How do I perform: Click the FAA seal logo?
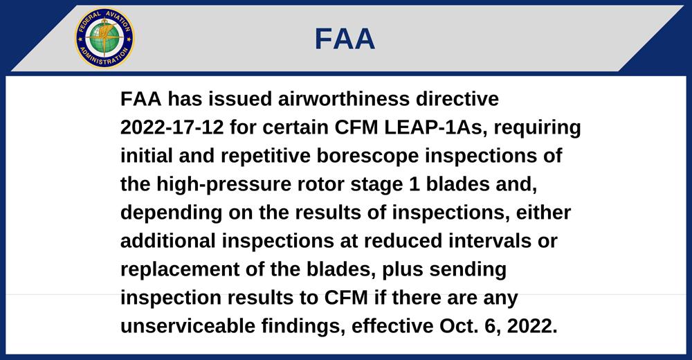[x=104, y=39]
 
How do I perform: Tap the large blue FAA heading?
[x=345, y=39]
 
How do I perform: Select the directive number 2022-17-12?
[x=172, y=127]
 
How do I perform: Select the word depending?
[x=171, y=213]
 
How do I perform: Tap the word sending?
[x=468, y=269]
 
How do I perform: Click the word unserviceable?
[x=188, y=326]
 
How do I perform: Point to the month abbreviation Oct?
[x=454, y=326]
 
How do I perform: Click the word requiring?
[x=538, y=128]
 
